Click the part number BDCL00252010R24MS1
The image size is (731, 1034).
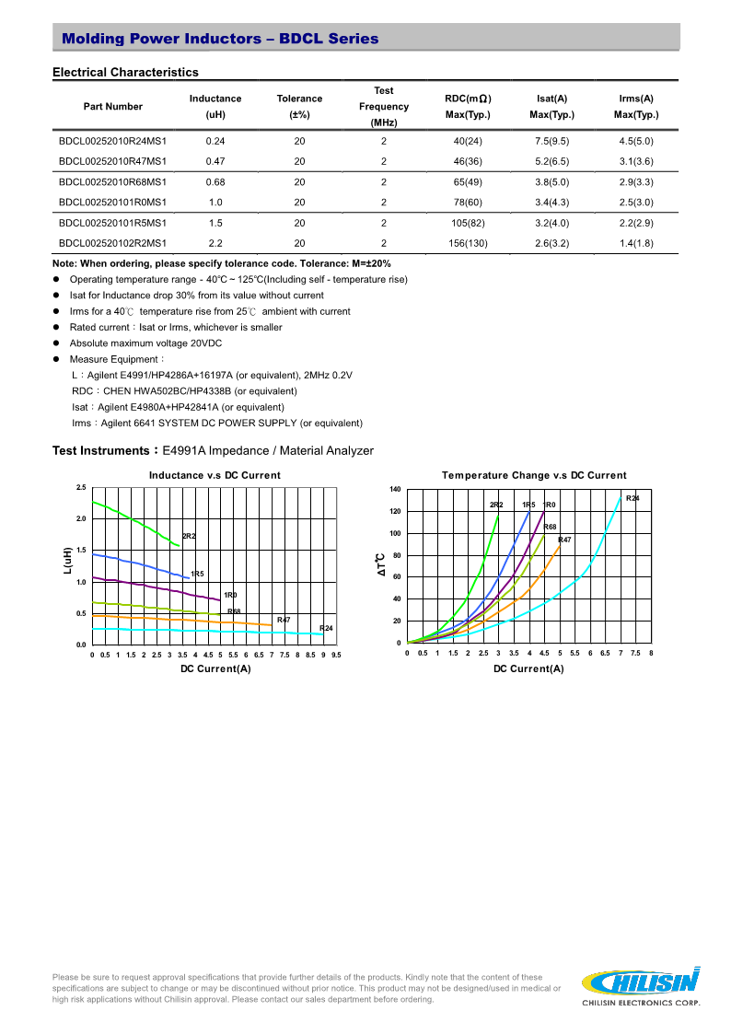click(x=112, y=141)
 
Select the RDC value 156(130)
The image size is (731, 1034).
click(x=468, y=243)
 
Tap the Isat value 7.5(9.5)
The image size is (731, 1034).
click(x=551, y=141)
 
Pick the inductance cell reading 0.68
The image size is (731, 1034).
click(x=215, y=182)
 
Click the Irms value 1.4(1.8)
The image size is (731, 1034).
click(x=635, y=243)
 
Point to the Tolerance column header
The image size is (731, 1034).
click(x=299, y=107)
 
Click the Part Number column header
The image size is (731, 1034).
click(x=112, y=107)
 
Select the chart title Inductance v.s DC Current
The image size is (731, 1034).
click(x=215, y=475)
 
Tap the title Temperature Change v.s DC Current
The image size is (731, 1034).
click(x=534, y=475)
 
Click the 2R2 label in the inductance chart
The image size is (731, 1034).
click(x=189, y=536)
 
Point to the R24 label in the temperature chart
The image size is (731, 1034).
click(x=632, y=498)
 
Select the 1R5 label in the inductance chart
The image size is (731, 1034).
click(x=197, y=574)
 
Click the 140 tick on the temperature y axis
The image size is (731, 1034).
click(x=395, y=489)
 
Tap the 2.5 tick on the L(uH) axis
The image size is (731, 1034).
click(x=81, y=487)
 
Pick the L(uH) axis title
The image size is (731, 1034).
click(x=67, y=561)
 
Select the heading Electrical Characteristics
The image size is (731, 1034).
click(x=125, y=72)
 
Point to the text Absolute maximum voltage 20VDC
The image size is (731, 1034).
click(x=145, y=343)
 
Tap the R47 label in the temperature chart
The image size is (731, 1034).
click(x=564, y=540)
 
